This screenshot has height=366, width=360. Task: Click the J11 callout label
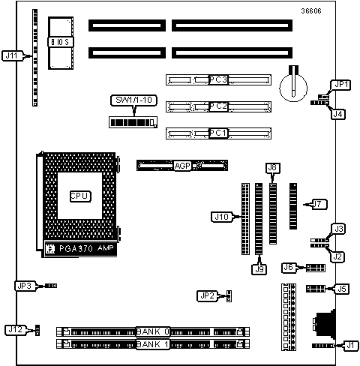[12, 55]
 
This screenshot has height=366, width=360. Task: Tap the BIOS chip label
[61, 42]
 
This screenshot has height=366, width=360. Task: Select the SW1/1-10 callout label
[133, 100]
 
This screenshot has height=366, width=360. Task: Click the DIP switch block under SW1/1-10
[133, 122]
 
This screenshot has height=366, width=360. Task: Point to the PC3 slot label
[218, 79]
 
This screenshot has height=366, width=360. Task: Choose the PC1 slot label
[218, 133]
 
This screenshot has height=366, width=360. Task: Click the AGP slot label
[182, 166]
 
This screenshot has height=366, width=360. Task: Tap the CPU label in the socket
[80, 196]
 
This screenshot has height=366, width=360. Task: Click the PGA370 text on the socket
[76, 249]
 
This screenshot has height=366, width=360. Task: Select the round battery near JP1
[293, 88]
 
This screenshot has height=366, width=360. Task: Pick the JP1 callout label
[341, 85]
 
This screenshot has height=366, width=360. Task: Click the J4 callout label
[338, 114]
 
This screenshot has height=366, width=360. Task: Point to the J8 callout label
[272, 168]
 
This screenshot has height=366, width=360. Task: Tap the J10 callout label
[222, 217]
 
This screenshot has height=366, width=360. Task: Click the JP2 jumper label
[208, 296]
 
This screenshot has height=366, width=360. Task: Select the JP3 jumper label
[25, 286]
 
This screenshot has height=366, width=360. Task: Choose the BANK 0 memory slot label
[153, 331]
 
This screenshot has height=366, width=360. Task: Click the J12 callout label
[16, 330]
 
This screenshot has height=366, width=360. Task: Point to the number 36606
[311, 11]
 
